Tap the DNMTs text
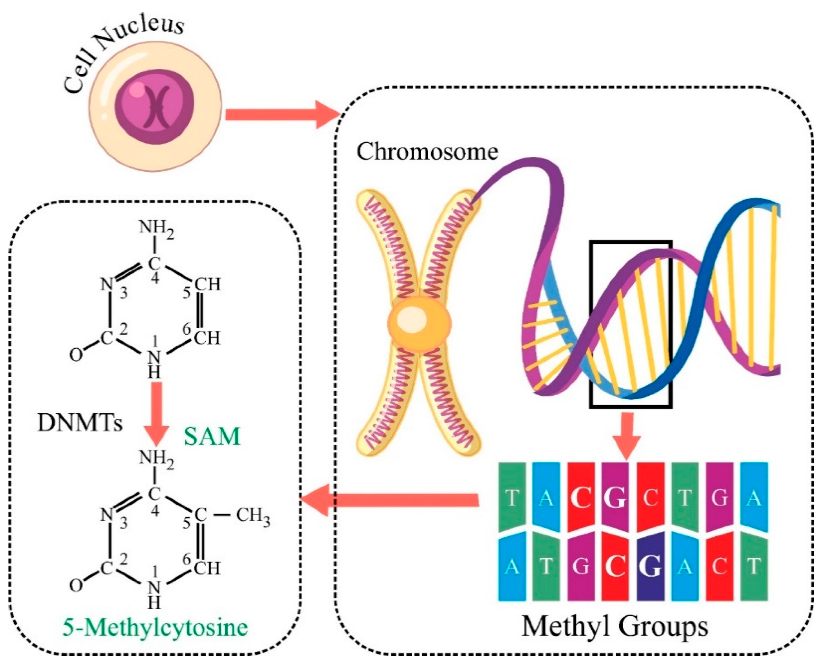[x=80, y=424]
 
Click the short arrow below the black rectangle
[x=626, y=436]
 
